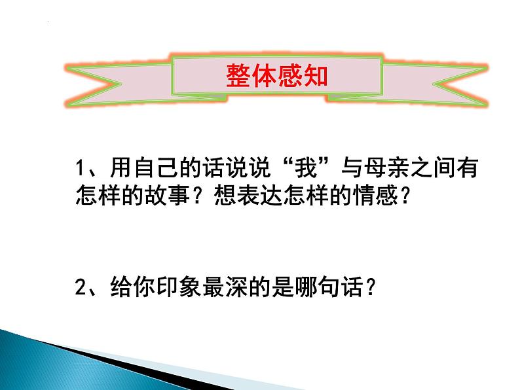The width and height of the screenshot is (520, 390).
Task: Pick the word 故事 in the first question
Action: tap(173, 196)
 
